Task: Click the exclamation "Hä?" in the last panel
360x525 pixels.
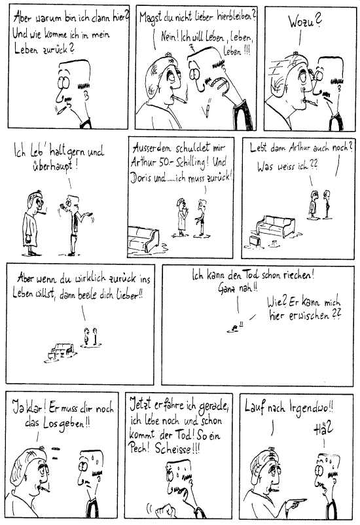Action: click(x=323, y=429)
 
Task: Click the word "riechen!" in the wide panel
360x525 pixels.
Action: click(x=298, y=276)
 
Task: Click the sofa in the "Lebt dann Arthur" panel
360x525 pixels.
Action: click(x=276, y=226)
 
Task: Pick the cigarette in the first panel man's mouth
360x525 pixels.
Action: click(x=62, y=109)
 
